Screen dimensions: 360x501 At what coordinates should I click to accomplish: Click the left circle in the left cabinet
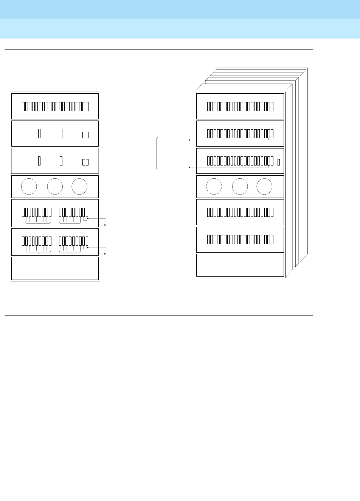[29, 187]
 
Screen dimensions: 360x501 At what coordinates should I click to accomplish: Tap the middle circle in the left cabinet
[55, 187]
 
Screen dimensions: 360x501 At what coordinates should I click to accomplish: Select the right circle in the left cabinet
[79, 187]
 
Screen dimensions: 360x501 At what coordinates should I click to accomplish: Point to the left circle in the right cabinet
[214, 187]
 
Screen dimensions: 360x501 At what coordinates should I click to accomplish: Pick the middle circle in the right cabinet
[240, 187]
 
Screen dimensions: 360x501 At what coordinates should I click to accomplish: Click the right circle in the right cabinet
[264, 187]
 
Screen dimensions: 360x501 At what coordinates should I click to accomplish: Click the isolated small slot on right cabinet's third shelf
[279, 162]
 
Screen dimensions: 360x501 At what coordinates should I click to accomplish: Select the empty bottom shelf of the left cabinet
[55, 268]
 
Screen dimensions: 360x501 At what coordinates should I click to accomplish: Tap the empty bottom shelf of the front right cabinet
[240, 265]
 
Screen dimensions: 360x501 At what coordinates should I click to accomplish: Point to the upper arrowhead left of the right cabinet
[189, 140]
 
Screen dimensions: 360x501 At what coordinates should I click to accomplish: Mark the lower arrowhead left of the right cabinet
[189, 167]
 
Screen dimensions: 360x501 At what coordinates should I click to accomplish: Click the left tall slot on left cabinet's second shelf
[39, 133]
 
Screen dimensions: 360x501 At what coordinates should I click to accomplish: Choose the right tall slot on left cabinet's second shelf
[61, 133]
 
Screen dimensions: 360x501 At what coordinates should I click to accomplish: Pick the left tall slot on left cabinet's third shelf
[39, 161]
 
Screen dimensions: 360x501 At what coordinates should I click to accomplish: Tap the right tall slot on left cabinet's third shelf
[61, 161]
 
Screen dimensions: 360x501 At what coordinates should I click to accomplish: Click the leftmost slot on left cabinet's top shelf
[23, 107]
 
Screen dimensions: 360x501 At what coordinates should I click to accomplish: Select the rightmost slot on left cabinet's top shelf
[87, 107]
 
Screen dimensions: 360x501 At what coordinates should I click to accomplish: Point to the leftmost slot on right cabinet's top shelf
[208, 107]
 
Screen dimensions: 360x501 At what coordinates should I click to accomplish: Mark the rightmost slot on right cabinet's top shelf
[272, 107]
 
